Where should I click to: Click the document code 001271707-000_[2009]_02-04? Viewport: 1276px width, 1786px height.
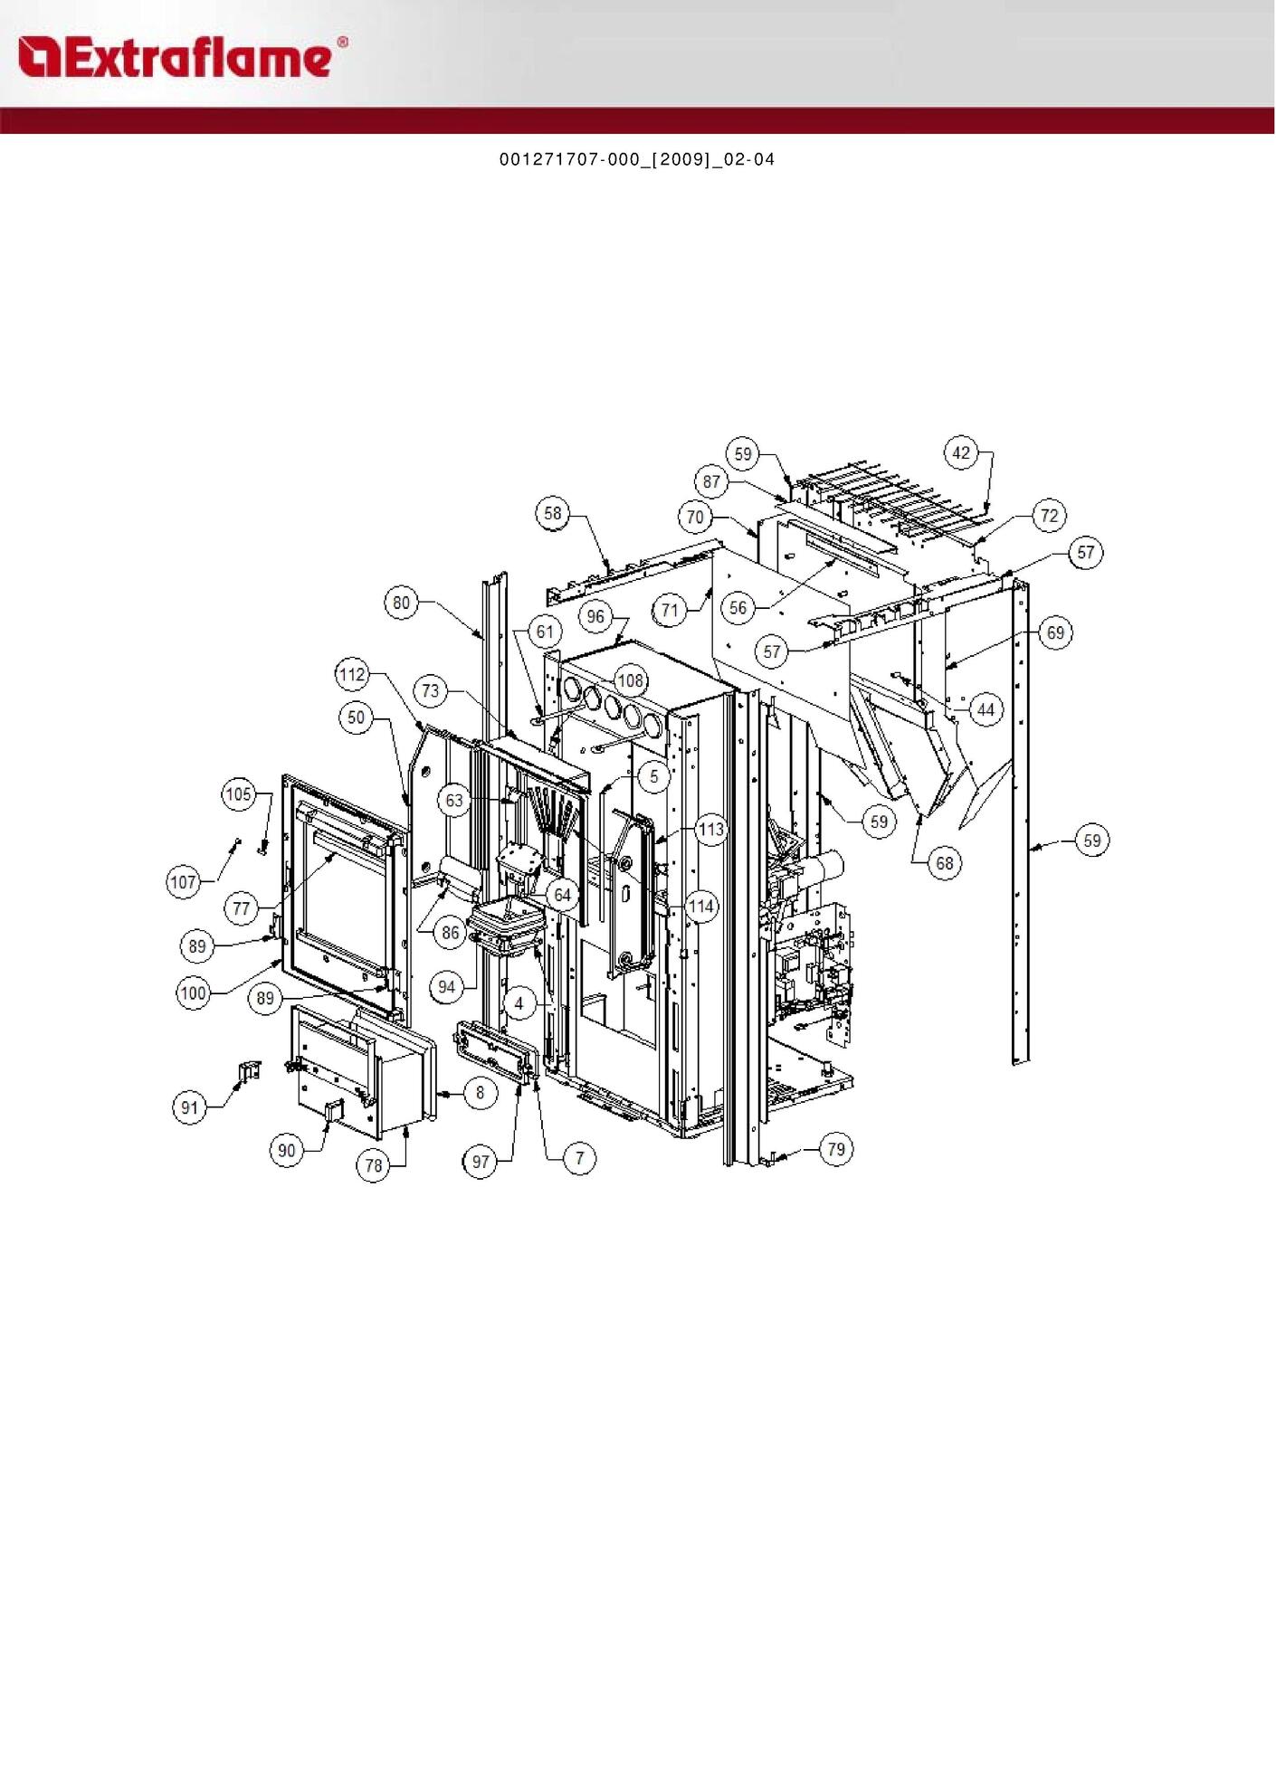[x=637, y=159]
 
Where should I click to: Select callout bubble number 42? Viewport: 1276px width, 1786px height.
[x=961, y=452]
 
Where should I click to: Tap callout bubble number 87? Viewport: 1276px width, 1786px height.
[x=711, y=482]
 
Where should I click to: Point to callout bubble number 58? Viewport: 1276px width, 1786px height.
[x=552, y=513]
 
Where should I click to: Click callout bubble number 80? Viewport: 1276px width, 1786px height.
[x=401, y=603]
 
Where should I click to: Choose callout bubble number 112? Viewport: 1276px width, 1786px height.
[x=352, y=674]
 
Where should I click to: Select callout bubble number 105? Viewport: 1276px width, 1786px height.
[x=239, y=794]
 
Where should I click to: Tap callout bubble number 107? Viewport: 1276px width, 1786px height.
[x=184, y=881]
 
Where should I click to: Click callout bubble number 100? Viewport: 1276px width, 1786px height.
[x=194, y=993]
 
